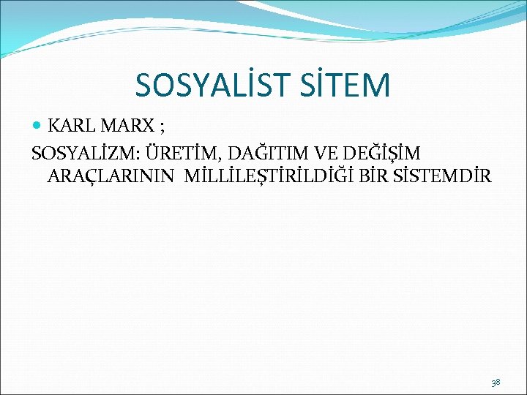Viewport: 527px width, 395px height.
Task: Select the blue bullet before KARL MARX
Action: [x=38, y=126]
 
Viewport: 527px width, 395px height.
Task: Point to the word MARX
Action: [x=126, y=126]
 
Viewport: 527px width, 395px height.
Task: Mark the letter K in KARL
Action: [x=53, y=126]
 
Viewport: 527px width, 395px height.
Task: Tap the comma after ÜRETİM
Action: [x=221, y=158]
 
